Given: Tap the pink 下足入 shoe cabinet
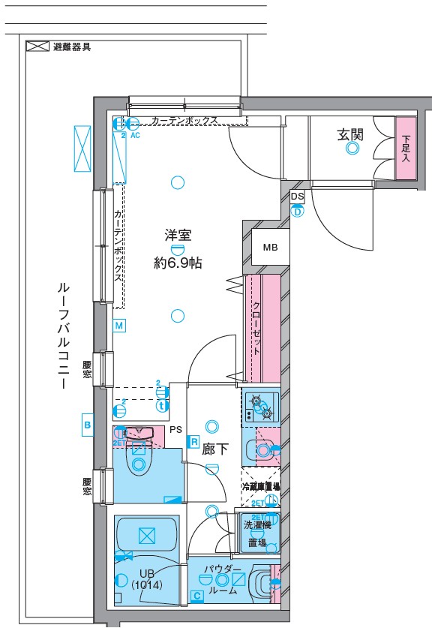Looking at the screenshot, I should (x=406, y=149).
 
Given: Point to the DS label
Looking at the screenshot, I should (x=298, y=197).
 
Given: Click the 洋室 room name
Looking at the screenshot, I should (x=178, y=235).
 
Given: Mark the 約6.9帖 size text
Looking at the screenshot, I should (x=178, y=263).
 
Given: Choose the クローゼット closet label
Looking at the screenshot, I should (x=256, y=328).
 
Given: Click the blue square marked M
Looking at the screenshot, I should (x=119, y=325).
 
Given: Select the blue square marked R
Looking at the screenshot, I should (x=193, y=442).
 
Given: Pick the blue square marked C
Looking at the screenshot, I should (x=196, y=596).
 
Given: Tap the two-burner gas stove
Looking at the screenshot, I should (x=261, y=407).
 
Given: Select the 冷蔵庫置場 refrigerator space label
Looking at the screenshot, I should (x=260, y=487).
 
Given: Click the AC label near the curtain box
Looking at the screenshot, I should (x=136, y=136).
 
